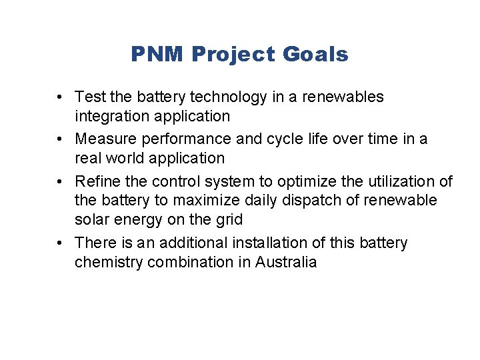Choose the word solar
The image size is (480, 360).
(93, 219)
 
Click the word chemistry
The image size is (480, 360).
(110, 262)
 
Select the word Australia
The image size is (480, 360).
(287, 262)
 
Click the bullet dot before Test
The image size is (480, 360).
(60, 97)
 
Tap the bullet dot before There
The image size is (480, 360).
(60, 243)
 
